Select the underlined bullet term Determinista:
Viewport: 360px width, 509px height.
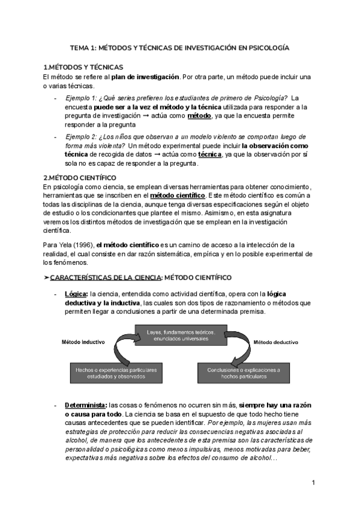point(85,405)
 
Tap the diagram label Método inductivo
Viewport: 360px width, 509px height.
point(84,342)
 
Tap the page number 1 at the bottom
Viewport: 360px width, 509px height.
point(314,483)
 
